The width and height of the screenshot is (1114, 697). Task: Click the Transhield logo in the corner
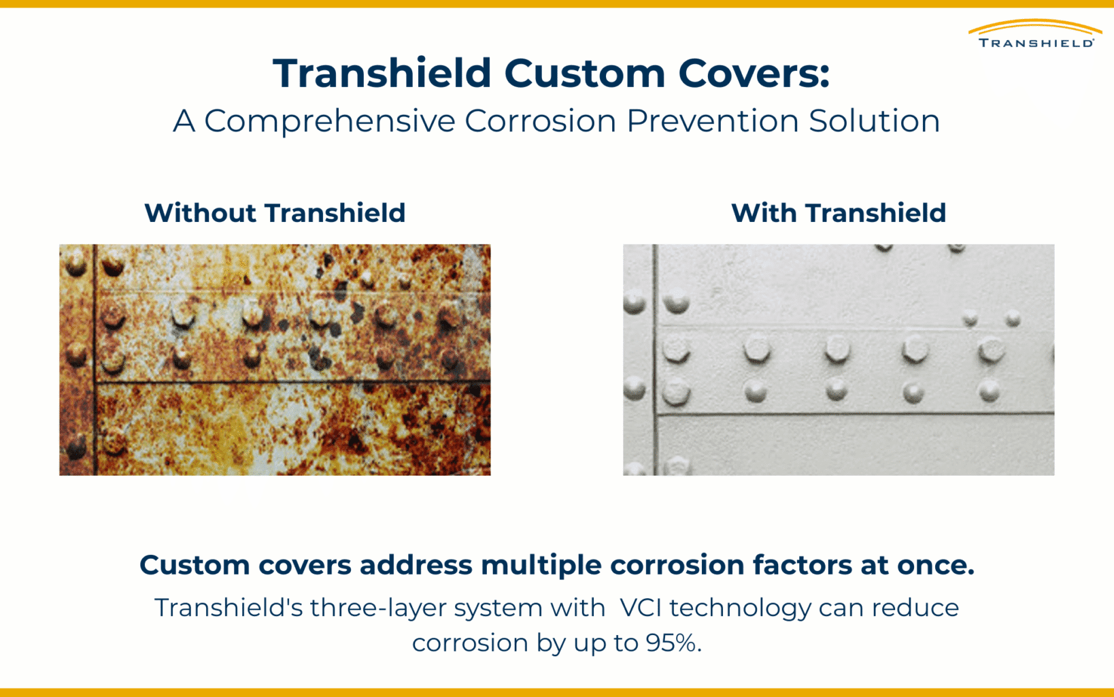click(1035, 34)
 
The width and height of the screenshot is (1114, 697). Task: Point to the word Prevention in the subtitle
click(712, 121)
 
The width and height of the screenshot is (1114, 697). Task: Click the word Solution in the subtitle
click(874, 121)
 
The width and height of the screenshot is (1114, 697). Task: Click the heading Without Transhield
click(275, 213)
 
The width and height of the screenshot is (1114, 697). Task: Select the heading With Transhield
click(838, 213)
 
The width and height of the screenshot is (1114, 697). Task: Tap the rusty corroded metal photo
click(275, 359)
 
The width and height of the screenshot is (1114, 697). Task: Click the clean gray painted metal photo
click(838, 359)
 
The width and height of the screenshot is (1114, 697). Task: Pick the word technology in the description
click(740, 608)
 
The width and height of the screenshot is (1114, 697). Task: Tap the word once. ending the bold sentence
click(935, 565)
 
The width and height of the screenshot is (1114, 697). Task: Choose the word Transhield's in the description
click(229, 607)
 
